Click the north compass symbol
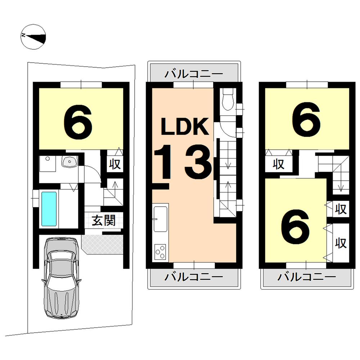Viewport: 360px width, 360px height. point(33,36)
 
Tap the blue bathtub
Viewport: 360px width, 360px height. point(49,209)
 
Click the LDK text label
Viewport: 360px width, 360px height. point(184,127)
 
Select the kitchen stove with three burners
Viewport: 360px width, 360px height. point(161,251)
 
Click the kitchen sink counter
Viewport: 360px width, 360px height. point(161,219)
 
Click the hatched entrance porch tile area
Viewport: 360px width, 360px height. point(102,244)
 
